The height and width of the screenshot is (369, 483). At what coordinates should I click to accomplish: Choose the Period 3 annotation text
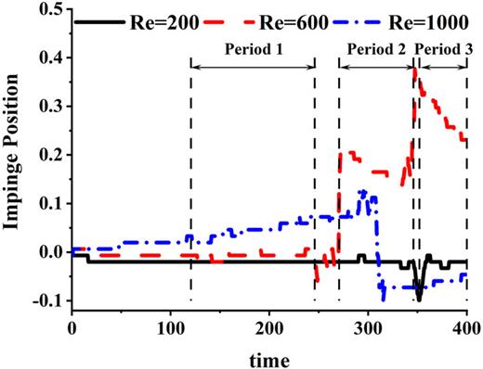coord(442,45)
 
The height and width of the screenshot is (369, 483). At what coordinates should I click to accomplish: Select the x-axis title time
coord(269,356)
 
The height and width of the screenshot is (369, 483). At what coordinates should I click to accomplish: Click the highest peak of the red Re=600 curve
coord(414,71)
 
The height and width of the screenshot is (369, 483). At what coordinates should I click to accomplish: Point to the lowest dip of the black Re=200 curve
coord(419,299)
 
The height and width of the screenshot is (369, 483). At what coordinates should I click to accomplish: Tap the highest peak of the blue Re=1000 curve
coord(363,191)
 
